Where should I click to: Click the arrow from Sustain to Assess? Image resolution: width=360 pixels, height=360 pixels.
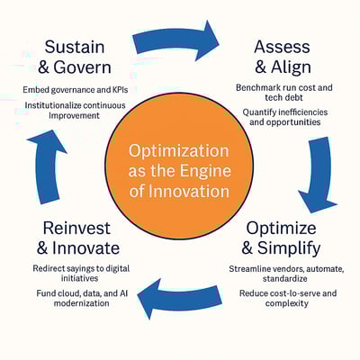click(176, 40)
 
